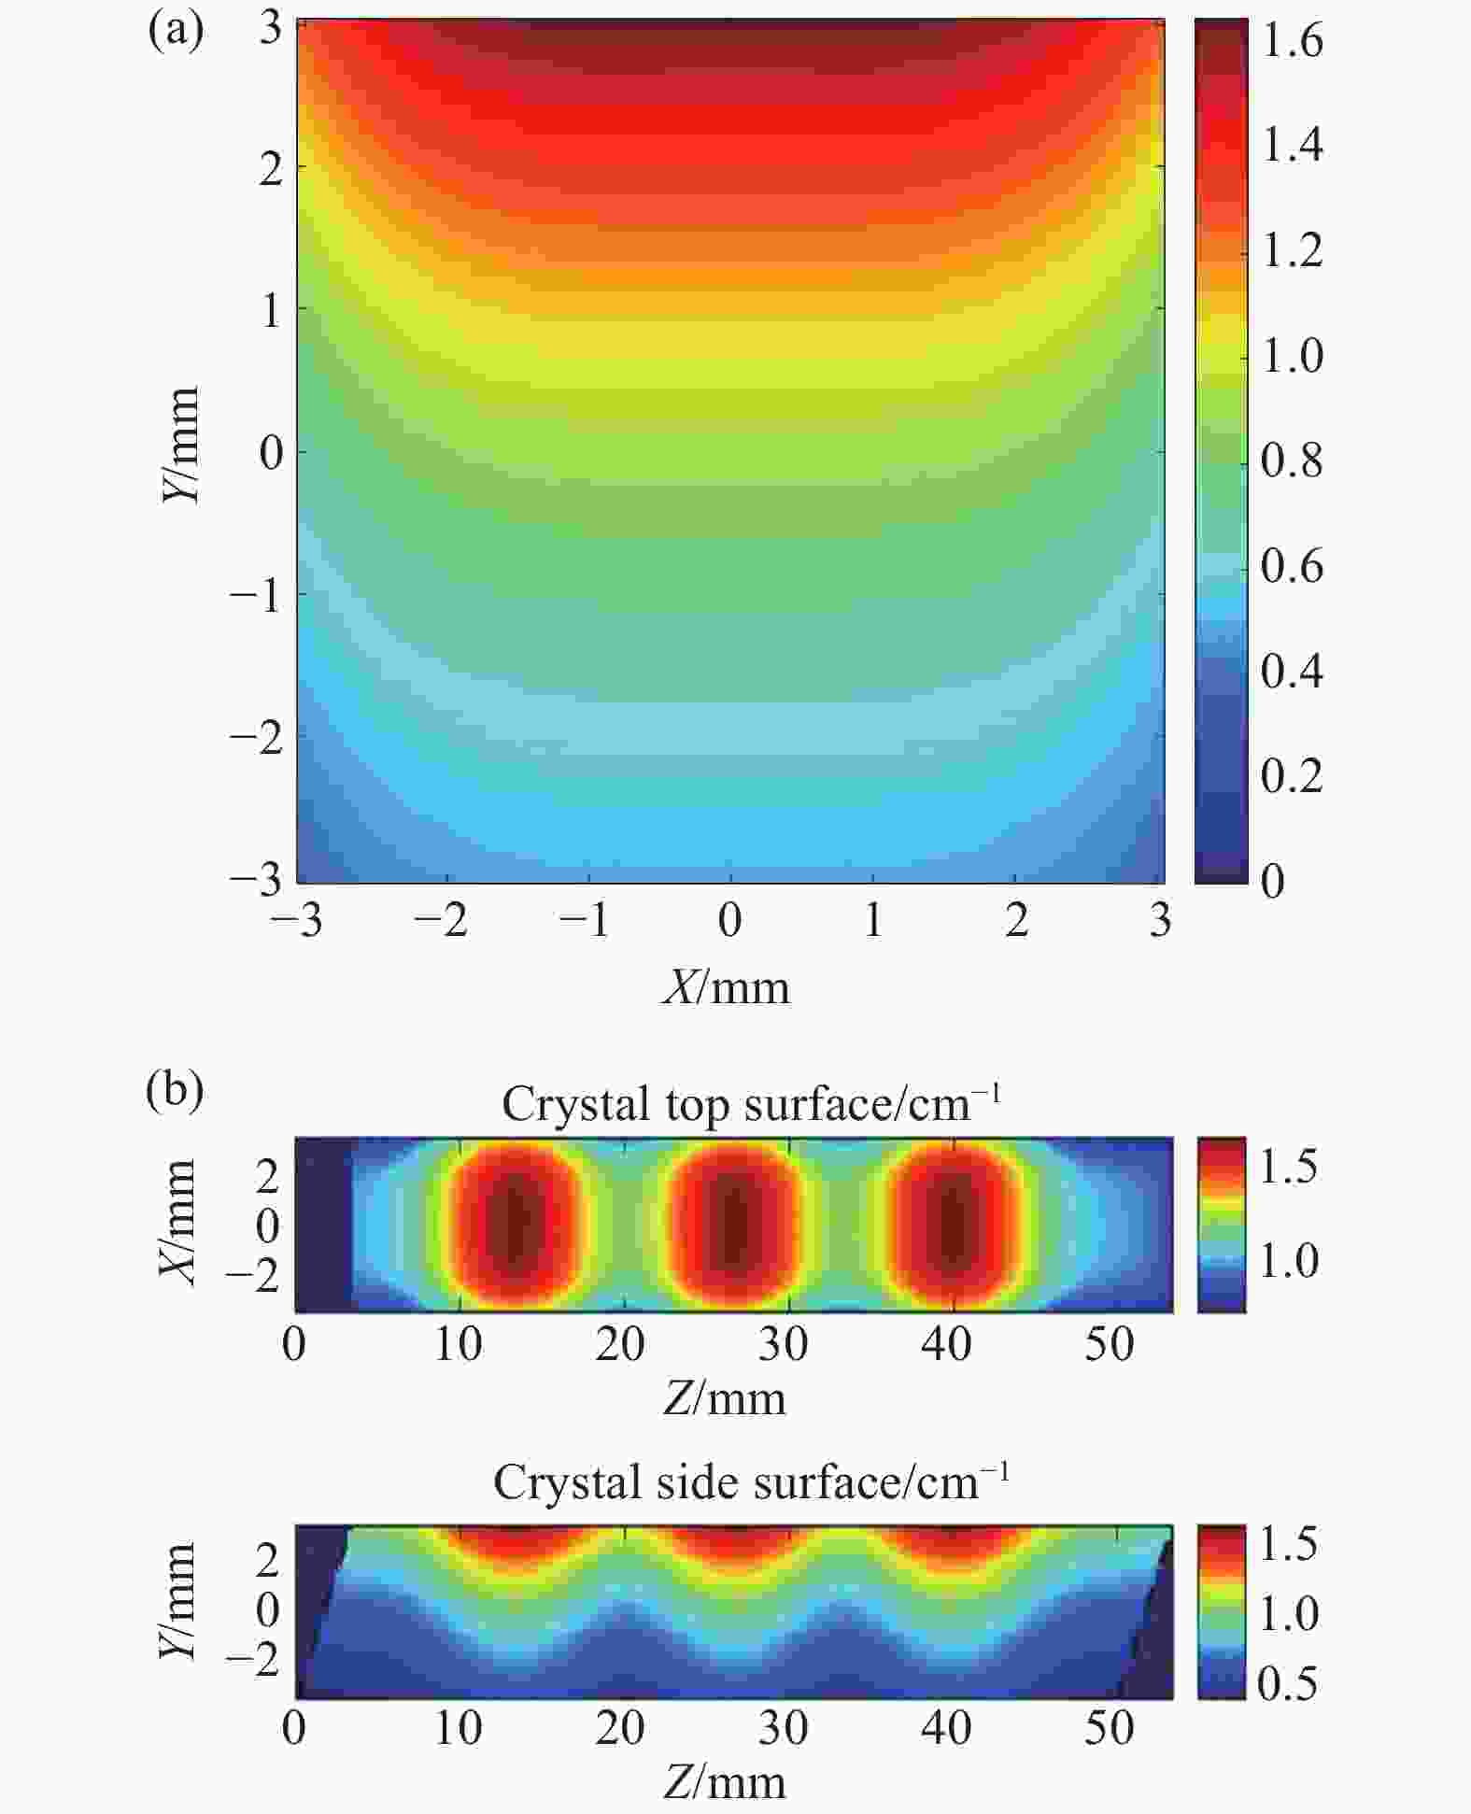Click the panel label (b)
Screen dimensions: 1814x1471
pyautogui.click(x=175, y=1090)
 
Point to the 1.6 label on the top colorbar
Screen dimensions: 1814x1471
pyautogui.click(x=1292, y=41)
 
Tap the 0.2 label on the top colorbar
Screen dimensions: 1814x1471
pyautogui.click(x=1292, y=775)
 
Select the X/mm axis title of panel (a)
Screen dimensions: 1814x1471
pyautogui.click(x=727, y=987)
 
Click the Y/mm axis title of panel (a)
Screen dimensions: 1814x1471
pyautogui.click(x=180, y=445)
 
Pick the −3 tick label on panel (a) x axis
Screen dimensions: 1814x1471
pyautogui.click(x=296, y=921)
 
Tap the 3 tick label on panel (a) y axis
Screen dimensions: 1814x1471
pyautogui.click(x=271, y=28)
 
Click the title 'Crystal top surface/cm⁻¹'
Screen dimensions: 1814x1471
pyautogui.click(x=751, y=1103)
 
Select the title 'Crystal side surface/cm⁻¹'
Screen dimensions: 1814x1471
pyautogui.click(x=751, y=1482)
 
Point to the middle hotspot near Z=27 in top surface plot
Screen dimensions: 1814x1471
pyautogui.click(x=734, y=1224)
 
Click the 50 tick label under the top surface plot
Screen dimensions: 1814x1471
pyautogui.click(x=1109, y=1344)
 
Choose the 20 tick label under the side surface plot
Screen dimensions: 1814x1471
pyautogui.click(x=620, y=1728)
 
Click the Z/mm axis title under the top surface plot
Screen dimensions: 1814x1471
pyautogui.click(x=725, y=1398)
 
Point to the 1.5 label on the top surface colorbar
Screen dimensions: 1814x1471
pyautogui.click(x=1289, y=1167)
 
